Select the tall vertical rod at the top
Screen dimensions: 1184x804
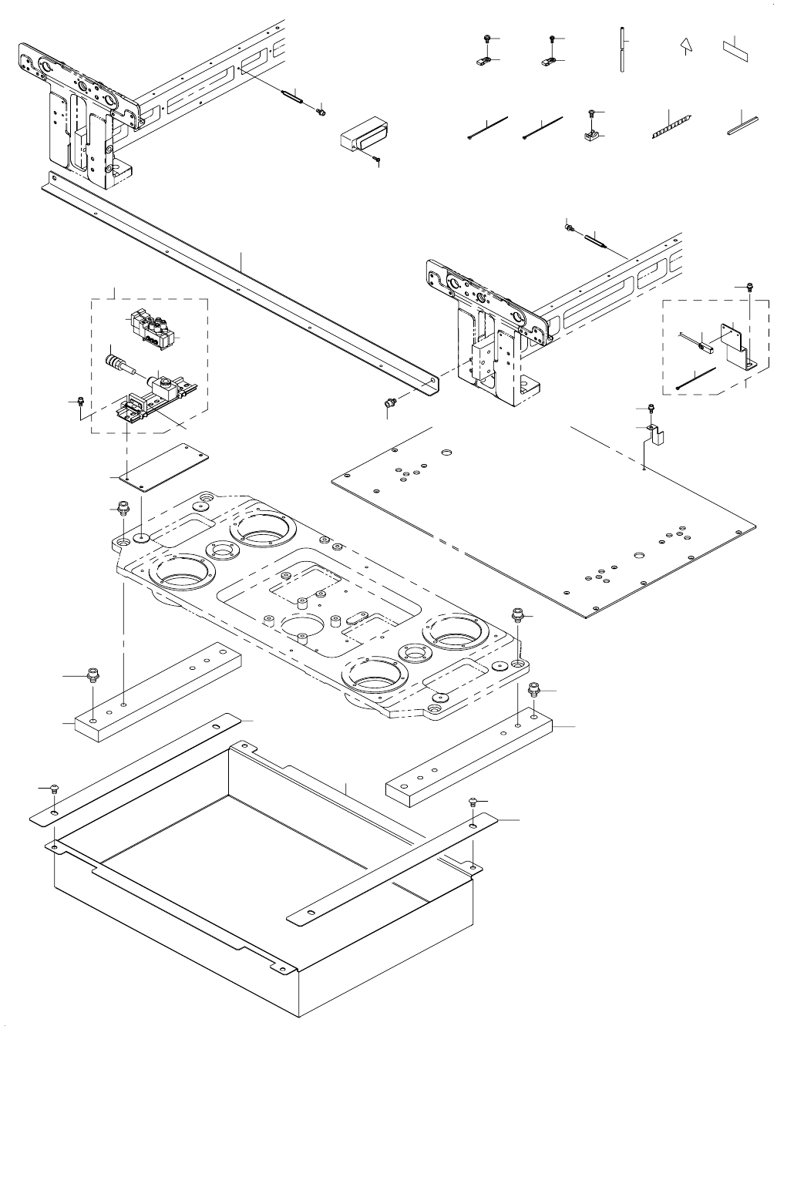point(621,50)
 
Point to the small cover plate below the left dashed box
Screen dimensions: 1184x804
point(158,466)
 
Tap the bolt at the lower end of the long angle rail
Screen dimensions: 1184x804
point(389,403)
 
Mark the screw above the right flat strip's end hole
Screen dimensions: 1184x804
point(473,803)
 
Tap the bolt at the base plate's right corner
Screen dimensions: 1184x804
point(517,614)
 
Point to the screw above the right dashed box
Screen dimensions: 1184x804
point(748,287)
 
